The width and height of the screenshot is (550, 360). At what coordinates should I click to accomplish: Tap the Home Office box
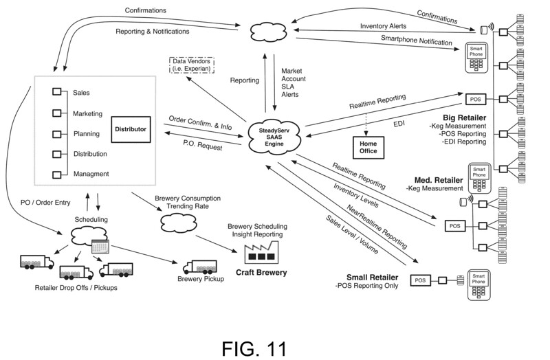click(365, 146)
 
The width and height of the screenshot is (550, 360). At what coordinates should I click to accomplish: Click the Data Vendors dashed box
click(190, 67)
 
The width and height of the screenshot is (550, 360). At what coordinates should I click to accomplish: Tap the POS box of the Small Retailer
click(420, 280)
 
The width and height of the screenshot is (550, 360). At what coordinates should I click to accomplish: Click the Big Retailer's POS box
click(476, 98)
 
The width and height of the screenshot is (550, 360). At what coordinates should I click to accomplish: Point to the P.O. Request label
click(201, 144)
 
